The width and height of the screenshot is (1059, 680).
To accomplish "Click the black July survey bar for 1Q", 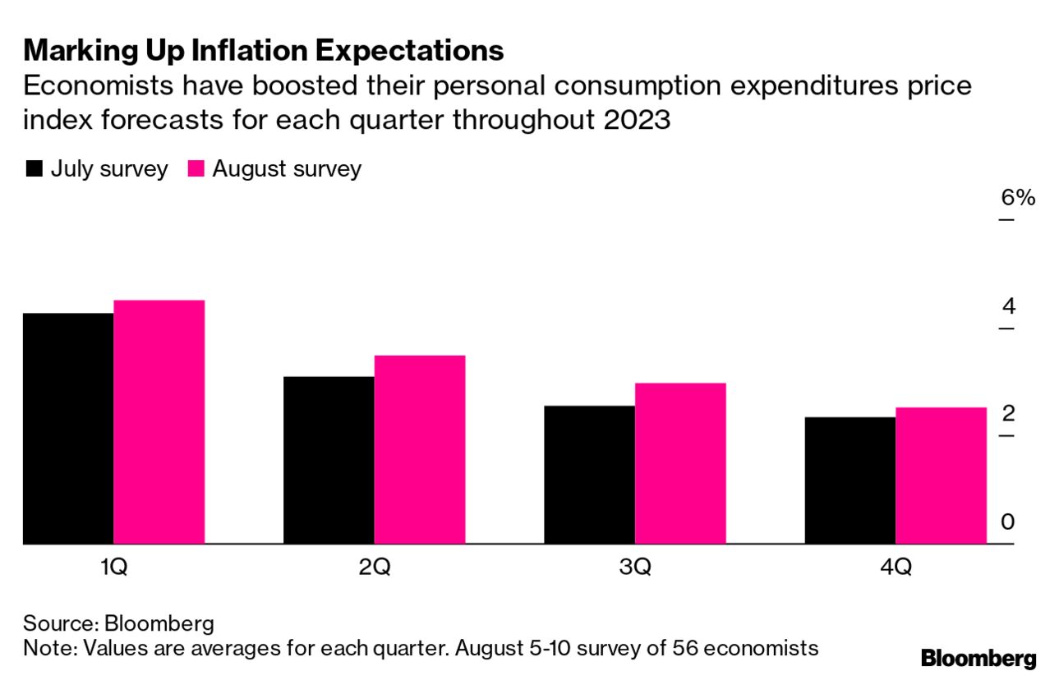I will click(x=68, y=428).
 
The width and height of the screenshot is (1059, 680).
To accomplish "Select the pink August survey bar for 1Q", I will click(x=159, y=421).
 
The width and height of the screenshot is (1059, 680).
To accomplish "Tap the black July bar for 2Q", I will click(x=329, y=460).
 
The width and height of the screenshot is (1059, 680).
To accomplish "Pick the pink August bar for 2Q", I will click(x=420, y=449).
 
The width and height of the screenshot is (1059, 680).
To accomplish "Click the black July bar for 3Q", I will click(x=589, y=475).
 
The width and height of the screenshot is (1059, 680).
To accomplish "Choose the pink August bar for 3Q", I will click(x=680, y=463).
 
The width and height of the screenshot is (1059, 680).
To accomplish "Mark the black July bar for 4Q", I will click(x=850, y=480).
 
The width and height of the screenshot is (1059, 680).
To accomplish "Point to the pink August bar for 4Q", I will click(x=941, y=476).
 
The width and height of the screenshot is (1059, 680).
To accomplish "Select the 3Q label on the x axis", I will click(x=634, y=567).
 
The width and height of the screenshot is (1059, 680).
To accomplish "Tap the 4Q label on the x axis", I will click(x=895, y=567).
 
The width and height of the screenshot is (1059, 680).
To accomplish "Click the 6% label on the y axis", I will click(x=1018, y=198).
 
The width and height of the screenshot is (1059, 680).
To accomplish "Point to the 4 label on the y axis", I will click(x=1008, y=306).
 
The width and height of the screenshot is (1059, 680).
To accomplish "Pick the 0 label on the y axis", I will click(x=1008, y=522).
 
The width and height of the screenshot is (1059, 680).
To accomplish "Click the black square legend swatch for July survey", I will click(x=35, y=169).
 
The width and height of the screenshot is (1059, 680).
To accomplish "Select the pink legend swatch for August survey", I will click(x=196, y=169).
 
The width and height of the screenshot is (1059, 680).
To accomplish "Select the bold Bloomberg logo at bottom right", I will click(x=978, y=658).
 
